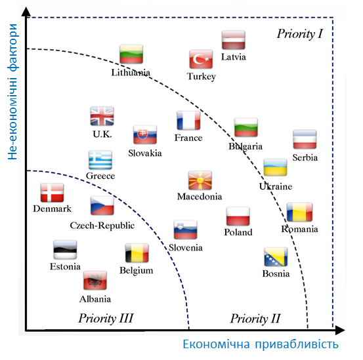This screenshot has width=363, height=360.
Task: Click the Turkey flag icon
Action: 201,59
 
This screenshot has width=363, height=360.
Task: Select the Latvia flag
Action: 234,40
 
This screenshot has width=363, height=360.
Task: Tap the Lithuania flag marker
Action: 131,54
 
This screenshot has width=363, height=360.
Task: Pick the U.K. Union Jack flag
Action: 102,116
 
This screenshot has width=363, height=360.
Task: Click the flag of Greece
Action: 100,160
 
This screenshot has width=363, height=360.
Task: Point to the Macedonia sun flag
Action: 200,180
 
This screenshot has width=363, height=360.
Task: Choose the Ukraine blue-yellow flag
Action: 275,167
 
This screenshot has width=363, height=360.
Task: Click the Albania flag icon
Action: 95,281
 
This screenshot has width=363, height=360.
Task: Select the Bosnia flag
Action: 276,257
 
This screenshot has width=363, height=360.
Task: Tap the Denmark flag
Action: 52,193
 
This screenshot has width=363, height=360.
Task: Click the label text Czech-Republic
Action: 102,226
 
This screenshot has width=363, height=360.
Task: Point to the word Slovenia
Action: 185,248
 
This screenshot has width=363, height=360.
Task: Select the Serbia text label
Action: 305,157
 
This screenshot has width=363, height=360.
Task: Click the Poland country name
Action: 238,232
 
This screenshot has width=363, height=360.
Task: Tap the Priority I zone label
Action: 300,33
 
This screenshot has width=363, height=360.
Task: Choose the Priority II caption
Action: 255,319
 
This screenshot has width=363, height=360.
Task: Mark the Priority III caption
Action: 106,318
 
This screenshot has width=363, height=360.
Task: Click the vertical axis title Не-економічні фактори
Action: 12,92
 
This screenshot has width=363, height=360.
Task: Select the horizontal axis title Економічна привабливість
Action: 261,344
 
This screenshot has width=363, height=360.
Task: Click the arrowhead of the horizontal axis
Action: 340,330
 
